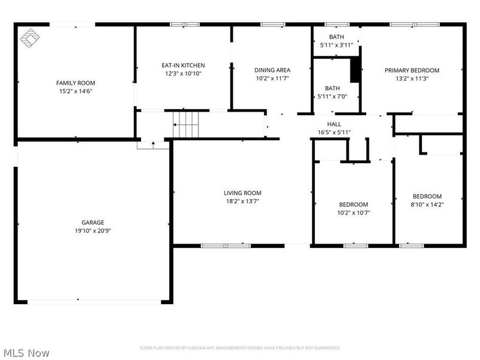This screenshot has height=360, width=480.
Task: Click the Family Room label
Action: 76,83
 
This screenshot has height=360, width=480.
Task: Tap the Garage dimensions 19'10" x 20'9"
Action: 93,230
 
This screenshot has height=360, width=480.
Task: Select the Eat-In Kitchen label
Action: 183,65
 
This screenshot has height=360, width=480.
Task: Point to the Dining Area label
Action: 272,70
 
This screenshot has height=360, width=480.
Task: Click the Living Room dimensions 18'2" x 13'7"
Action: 242,201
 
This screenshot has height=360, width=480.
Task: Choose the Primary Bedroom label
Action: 412,70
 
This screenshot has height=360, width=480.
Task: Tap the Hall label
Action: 334,124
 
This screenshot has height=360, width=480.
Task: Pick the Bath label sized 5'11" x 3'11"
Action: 337,37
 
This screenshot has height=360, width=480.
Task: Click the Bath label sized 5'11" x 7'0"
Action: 332,88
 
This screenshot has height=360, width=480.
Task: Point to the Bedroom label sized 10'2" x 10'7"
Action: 353,205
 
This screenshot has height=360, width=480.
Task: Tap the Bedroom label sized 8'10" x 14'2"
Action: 427,196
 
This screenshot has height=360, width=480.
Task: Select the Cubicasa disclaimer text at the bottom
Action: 240,348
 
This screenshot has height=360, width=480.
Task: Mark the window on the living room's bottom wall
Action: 226,245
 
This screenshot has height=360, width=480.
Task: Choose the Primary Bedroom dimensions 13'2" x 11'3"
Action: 412,78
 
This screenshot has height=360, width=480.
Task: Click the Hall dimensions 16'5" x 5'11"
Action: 334,132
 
